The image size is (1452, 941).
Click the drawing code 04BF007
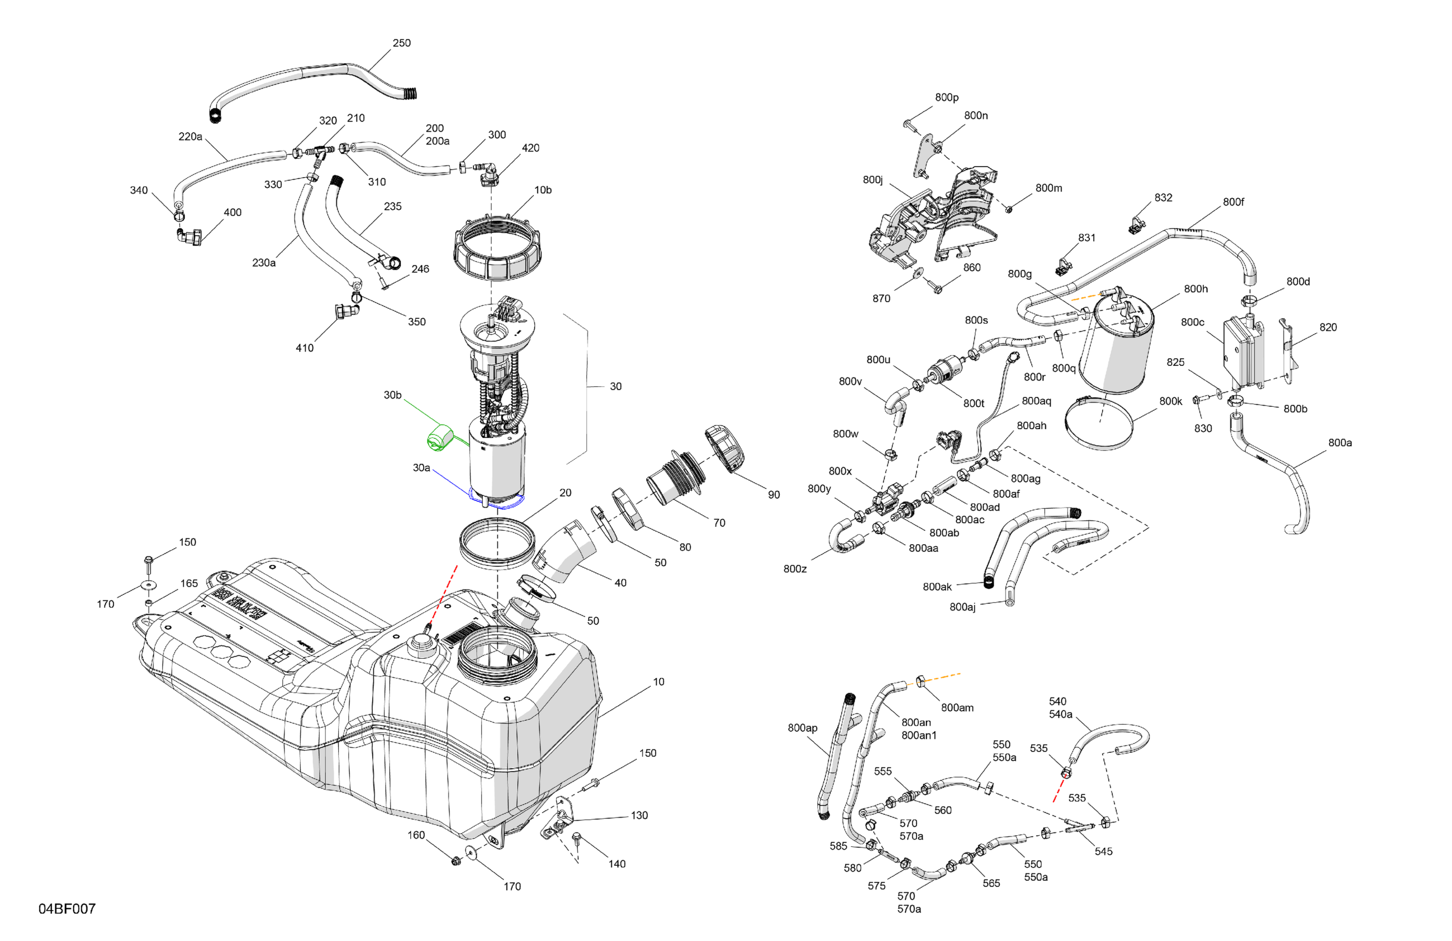[x=67, y=909]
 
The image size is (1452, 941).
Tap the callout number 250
[x=401, y=43]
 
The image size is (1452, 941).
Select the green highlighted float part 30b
[x=439, y=438]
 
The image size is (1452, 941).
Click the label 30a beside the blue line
[x=421, y=468]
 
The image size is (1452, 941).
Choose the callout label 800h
[x=1195, y=288]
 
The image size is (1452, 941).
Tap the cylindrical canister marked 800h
[x=1115, y=354]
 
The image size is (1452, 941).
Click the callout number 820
[x=1327, y=327]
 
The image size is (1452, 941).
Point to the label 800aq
[x=1036, y=401]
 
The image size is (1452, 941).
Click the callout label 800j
[x=872, y=179]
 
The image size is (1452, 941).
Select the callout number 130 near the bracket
[x=639, y=815]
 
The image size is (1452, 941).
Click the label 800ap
[x=802, y=727]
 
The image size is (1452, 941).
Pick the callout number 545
[x=1103, y=851]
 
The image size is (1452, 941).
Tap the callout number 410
[x=305, y=348]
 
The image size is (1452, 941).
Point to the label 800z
[x=795, y=569]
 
